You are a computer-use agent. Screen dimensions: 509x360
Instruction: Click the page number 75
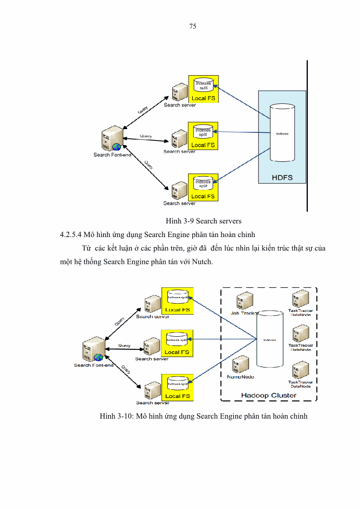coord(192,26)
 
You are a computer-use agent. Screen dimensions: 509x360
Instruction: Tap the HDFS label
coord(282,177)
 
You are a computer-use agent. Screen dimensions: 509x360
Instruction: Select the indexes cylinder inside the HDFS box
coord(282,133)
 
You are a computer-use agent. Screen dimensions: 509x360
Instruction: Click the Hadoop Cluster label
coord(268,395)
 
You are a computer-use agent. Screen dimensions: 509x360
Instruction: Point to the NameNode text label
coord(240,377)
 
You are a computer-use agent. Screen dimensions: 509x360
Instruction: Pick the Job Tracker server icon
coord(244,301)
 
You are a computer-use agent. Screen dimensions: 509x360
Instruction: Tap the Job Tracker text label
coord(244,313)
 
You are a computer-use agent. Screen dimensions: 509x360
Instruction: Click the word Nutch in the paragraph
coord(202,262)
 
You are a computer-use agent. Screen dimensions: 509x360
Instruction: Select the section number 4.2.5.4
coord(71,234)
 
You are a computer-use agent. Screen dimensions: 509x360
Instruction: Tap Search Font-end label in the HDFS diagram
coord(112,155)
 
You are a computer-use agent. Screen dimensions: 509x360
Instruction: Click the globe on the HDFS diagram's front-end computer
coord(117,147)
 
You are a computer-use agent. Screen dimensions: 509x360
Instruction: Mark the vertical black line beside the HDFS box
coord(307,136)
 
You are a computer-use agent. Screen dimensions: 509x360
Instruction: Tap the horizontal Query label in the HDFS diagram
coord(146,136)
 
